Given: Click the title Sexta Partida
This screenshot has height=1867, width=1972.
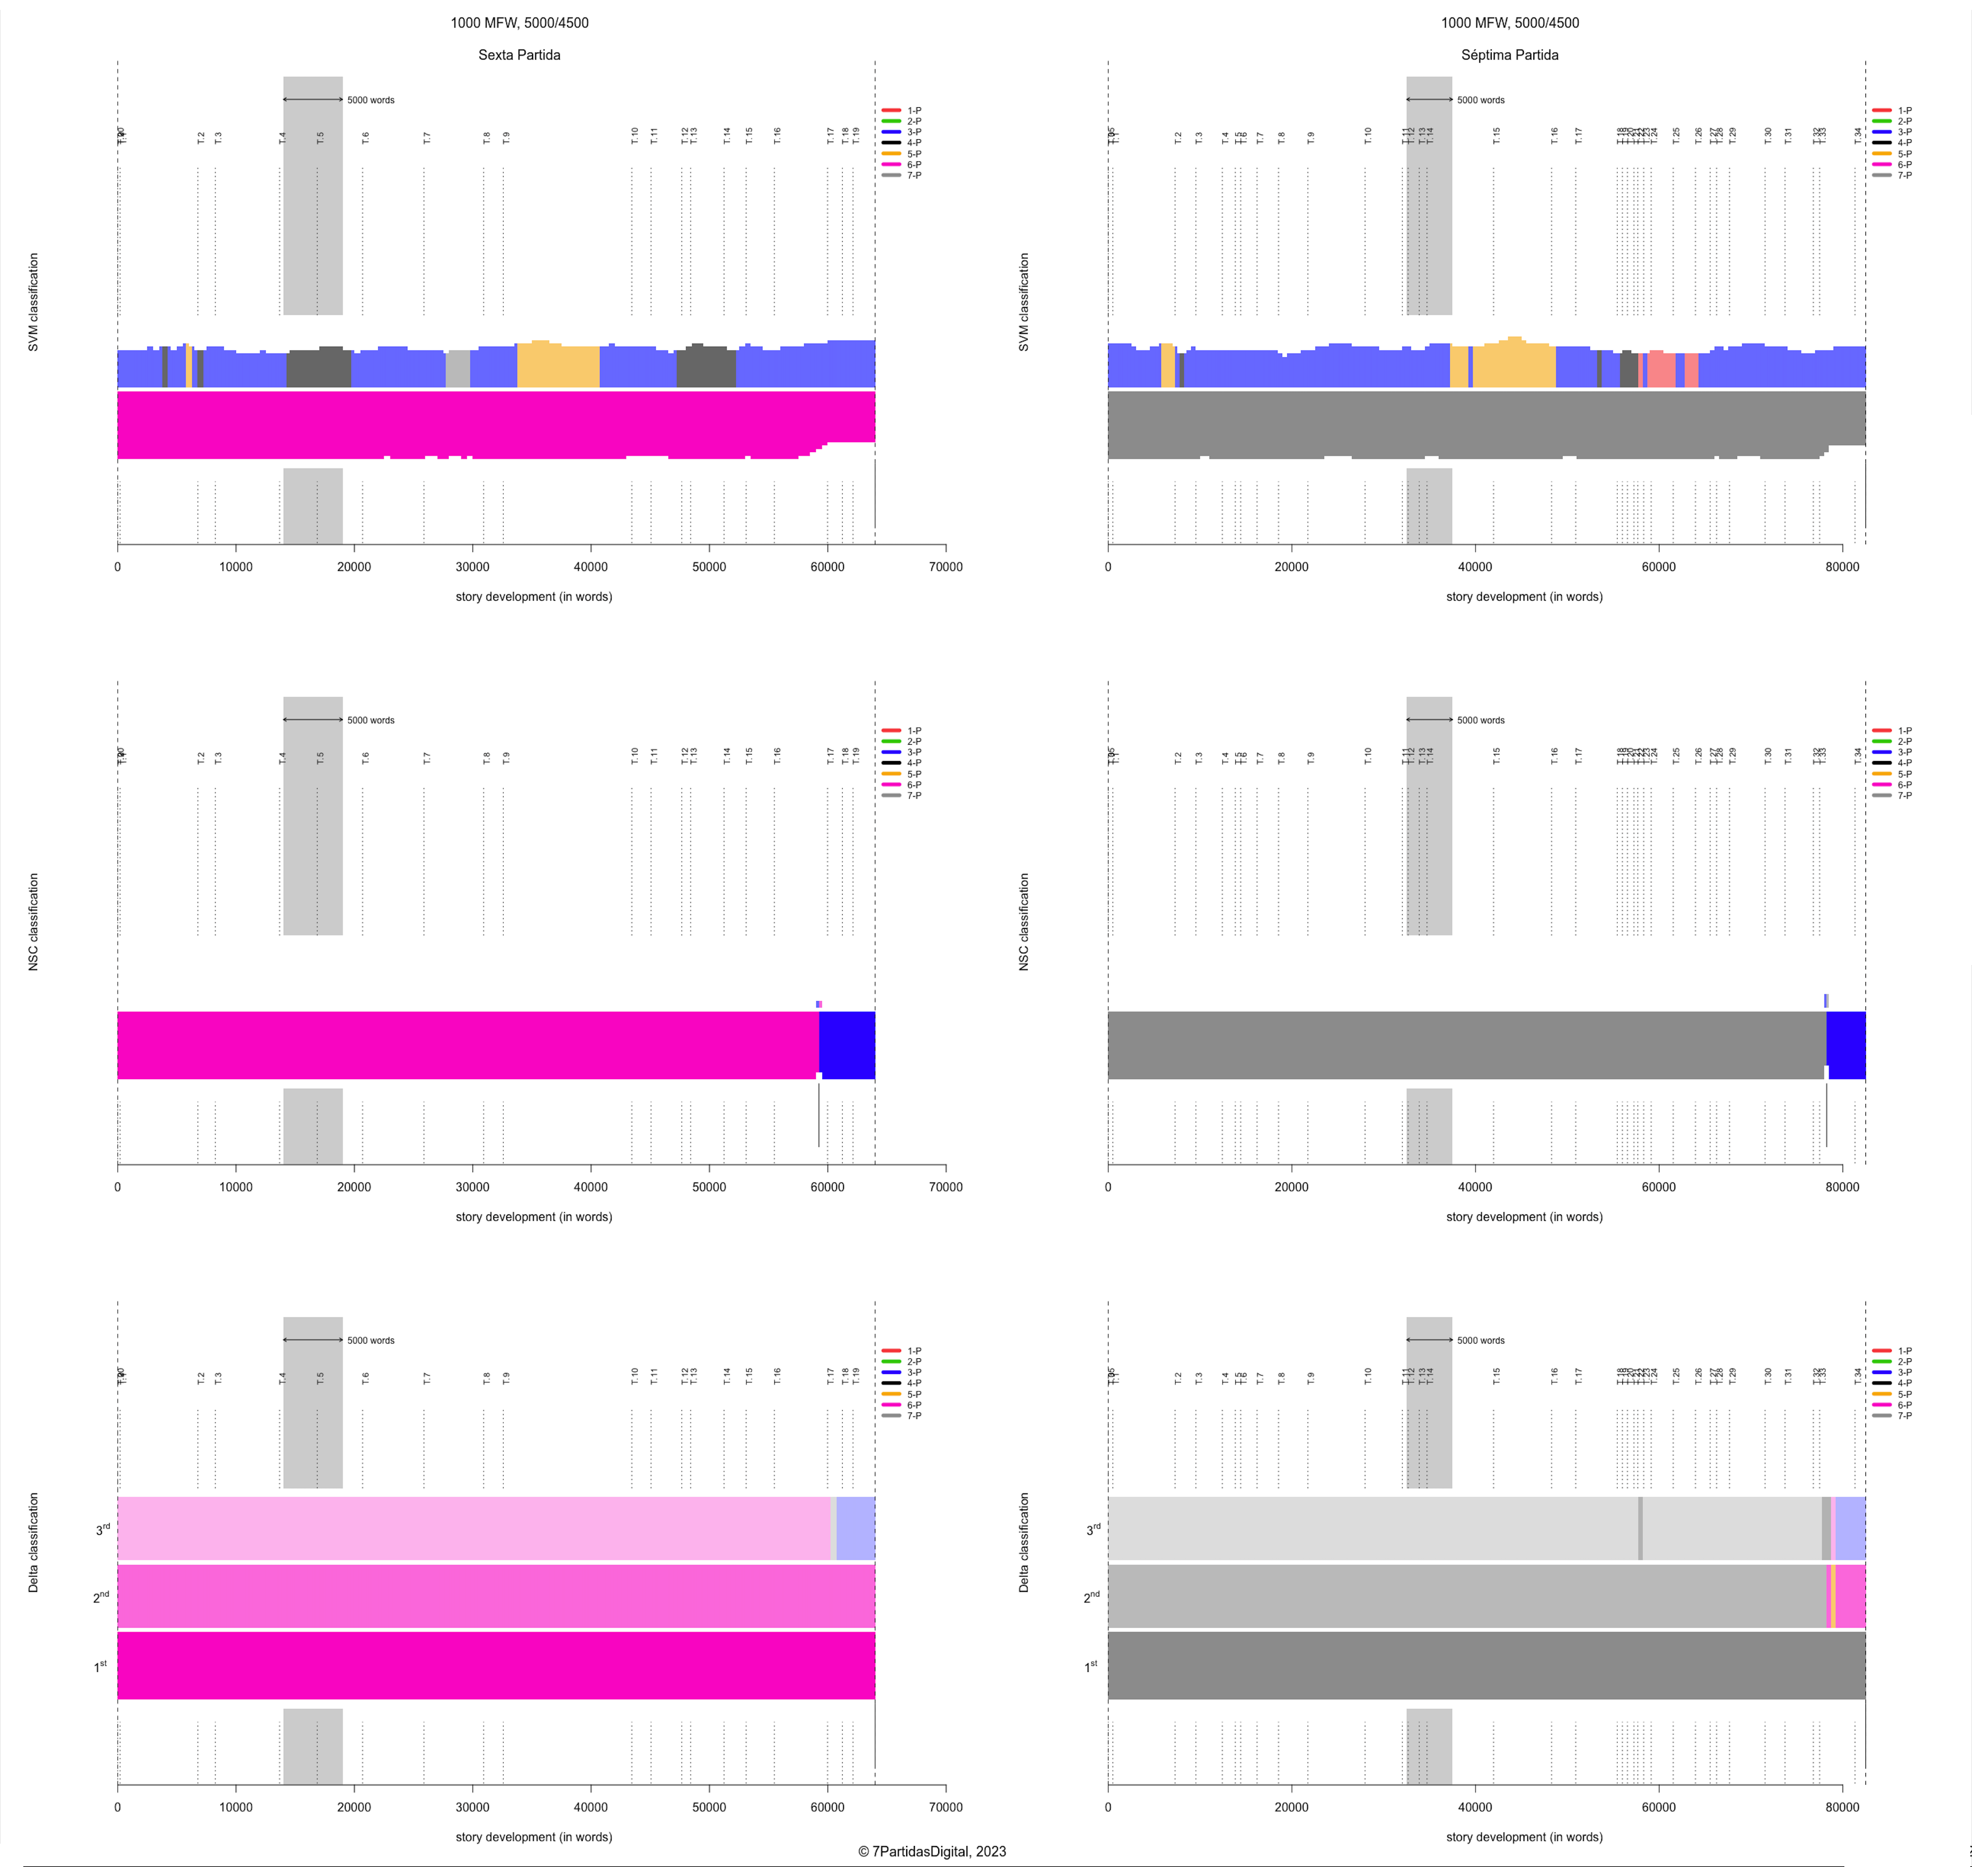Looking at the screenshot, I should [x=519, y=55].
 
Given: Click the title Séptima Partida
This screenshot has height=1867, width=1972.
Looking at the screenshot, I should [x=1509, y=55].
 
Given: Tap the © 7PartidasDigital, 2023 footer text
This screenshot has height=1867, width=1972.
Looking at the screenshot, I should [x=932, y=1851].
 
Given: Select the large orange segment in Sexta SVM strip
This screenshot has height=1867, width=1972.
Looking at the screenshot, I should [x=558, y=365].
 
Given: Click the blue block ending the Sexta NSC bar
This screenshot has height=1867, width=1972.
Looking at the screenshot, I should [x=847, y=1045].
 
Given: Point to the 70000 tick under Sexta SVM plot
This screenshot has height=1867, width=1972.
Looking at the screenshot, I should [x=945, y=566].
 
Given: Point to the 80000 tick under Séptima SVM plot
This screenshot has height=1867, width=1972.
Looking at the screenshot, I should [x=1841, y=566].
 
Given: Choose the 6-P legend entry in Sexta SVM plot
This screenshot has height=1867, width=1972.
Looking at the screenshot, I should [x=913, y=164].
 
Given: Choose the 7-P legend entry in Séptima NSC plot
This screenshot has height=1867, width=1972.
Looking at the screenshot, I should [x=1903, y=795].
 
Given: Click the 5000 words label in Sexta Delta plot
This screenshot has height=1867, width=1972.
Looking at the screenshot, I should [x=370, y=1341].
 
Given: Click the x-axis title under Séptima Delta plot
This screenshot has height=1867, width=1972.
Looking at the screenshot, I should [x=1523, y=1836].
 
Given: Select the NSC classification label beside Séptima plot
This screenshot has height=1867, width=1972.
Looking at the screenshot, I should [x=1023, y=922].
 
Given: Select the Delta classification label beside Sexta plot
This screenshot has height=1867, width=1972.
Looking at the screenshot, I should [x=33, y=1542].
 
